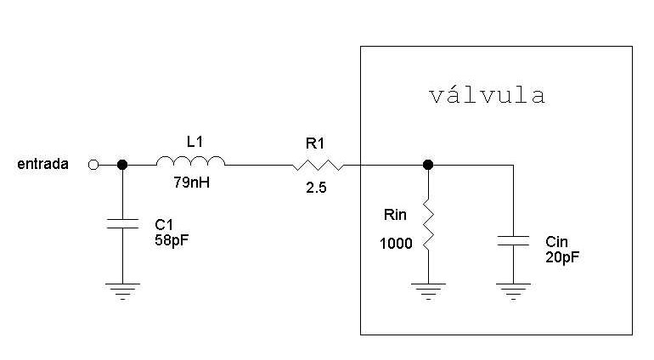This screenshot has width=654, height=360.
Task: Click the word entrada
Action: [42, 165]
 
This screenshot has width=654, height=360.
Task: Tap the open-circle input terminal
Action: [93, 165]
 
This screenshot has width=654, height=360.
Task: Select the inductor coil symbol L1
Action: [190, 161]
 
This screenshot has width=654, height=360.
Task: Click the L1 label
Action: [195, 142]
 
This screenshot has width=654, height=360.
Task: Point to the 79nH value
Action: [191, 181]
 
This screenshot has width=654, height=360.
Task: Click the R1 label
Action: [316, 144]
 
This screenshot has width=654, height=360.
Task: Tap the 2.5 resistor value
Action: [316, 187]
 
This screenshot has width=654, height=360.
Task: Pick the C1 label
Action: [164, 224]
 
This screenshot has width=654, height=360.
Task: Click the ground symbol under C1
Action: [122, 291]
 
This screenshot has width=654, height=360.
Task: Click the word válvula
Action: [485, 96]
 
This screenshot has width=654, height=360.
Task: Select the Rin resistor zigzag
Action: [428, 227]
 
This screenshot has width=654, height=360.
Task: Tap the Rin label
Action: [396, 216]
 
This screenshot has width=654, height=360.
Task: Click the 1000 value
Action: [397, 244]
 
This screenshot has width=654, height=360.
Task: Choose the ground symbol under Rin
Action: [428, 291]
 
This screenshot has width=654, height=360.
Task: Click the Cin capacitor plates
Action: [513, 241]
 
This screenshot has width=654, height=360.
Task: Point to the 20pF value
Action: [563, 256]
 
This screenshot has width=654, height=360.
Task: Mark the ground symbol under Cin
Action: [513, 291]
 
